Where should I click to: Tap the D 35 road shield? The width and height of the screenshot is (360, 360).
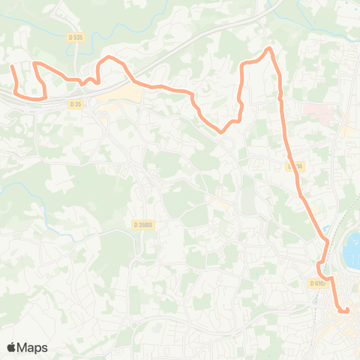[75, 104]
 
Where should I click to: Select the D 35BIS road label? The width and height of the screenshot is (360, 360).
[142, 223]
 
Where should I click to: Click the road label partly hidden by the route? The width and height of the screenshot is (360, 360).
[295, 166]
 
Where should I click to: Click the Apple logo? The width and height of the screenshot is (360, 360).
[12, 347]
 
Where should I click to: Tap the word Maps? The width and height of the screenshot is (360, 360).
[33, 347]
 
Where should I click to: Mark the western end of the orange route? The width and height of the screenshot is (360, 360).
[12, 67]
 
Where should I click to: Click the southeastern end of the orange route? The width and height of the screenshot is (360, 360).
[347, 310]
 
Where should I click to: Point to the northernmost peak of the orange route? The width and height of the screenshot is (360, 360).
[268, 49]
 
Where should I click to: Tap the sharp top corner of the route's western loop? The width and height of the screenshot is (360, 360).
[34, 64]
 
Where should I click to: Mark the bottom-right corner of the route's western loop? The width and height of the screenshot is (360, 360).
[45, 96]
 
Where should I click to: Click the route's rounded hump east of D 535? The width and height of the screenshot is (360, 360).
[109, 58]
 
